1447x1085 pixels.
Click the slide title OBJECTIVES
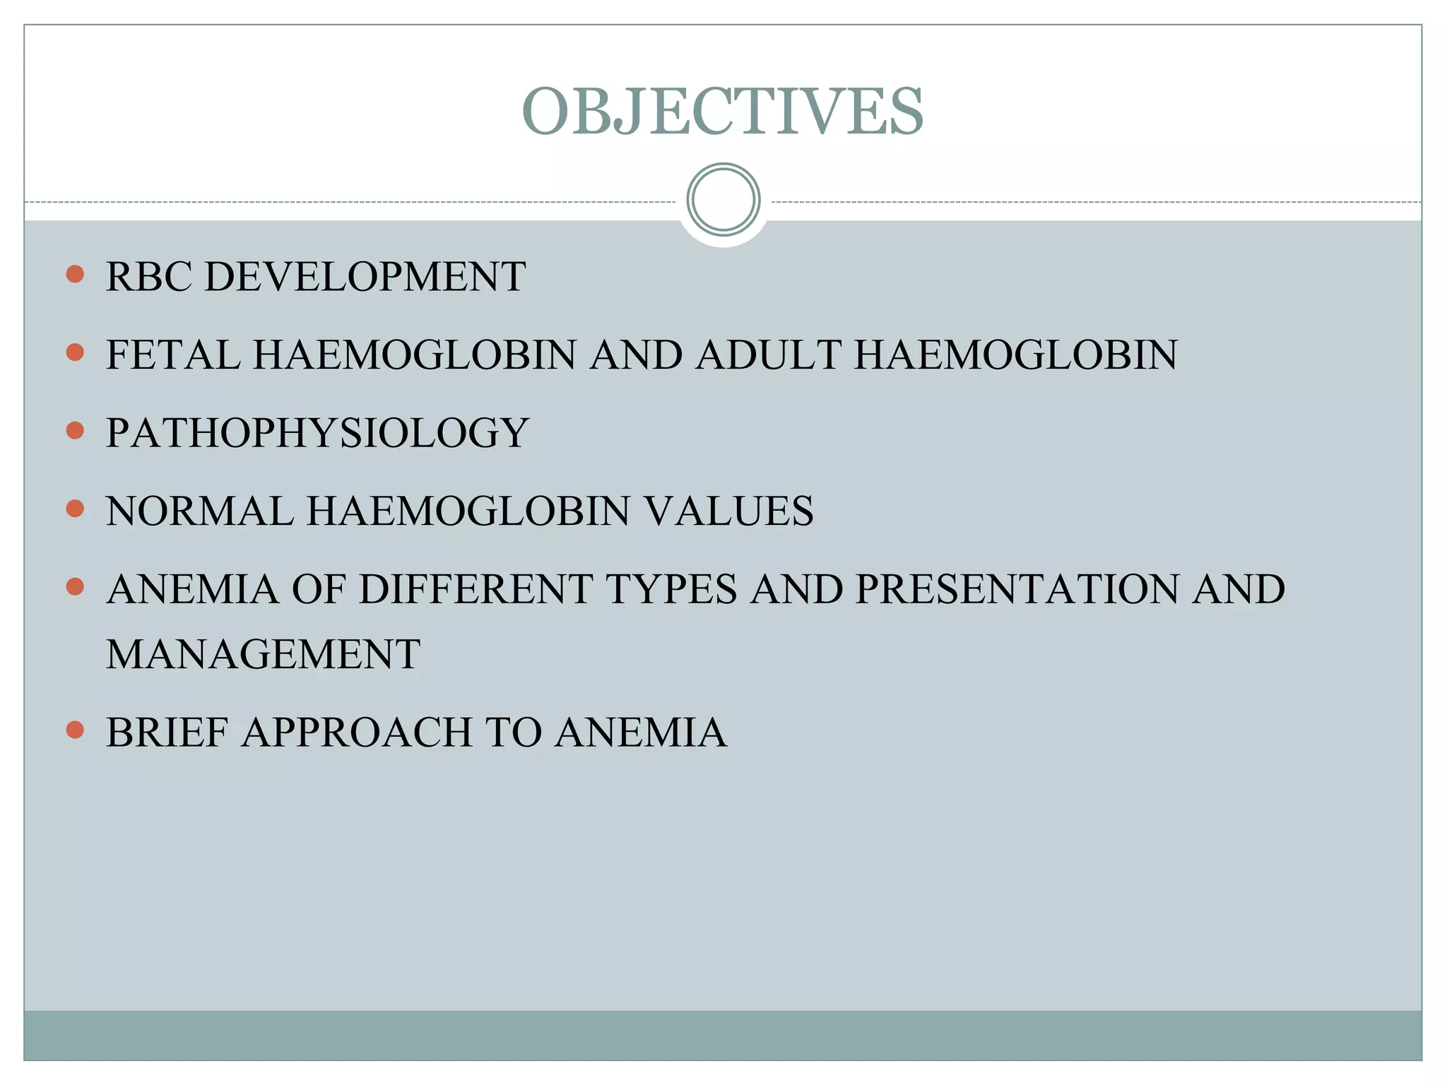point(723,112)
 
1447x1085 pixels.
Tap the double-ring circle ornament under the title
point(723,200)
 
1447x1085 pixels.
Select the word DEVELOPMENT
point(365,276)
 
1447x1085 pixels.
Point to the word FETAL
point(172,355)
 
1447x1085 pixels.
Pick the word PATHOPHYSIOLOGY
point(317,433)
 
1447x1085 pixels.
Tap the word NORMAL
point(199,511)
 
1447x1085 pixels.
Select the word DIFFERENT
point(476,589)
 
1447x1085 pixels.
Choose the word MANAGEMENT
point(263,654)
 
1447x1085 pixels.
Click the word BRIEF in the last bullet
point(167,733)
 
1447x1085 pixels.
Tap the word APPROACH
point(357,733)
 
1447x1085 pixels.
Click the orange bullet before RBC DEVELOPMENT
point(75,274)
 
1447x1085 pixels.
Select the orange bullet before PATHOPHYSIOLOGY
point(75,430)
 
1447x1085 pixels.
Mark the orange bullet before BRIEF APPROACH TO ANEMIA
point(75,730)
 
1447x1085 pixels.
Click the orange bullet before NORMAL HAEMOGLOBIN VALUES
point(75,509)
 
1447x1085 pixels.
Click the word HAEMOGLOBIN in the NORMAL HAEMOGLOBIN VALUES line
point(468,511)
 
